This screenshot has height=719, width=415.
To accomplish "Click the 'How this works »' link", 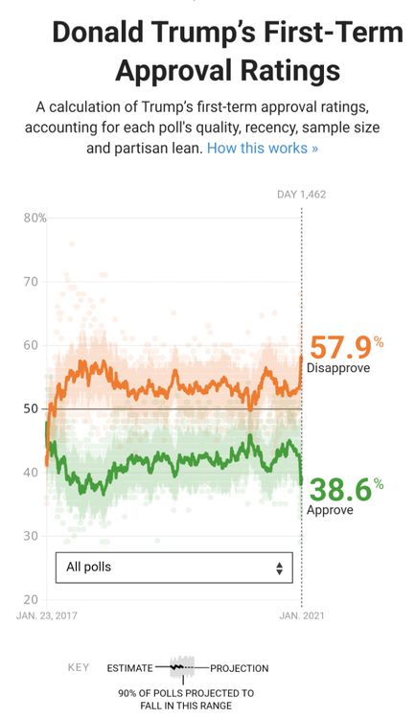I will tap(263, 149).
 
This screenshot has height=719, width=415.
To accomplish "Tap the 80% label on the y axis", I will tap(35, 218).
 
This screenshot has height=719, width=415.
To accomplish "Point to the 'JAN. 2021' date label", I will tap(300, 615).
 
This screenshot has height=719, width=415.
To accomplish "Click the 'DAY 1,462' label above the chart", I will tap(302, 195).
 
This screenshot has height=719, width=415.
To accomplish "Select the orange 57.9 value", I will tap(337, 348).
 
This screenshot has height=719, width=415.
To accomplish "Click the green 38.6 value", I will tap(337, 490).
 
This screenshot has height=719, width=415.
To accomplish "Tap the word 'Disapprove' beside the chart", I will tap(337, 368).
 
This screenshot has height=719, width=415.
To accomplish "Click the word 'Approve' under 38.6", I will tap(330, 510).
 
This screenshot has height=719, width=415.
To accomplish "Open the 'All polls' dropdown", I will tap(173, 568).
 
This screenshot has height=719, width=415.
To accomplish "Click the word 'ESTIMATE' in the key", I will tap(130, 668).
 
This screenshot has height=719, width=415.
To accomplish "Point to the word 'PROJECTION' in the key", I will tap(239, 668).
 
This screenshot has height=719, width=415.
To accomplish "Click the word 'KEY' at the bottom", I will tap(79, 668).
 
